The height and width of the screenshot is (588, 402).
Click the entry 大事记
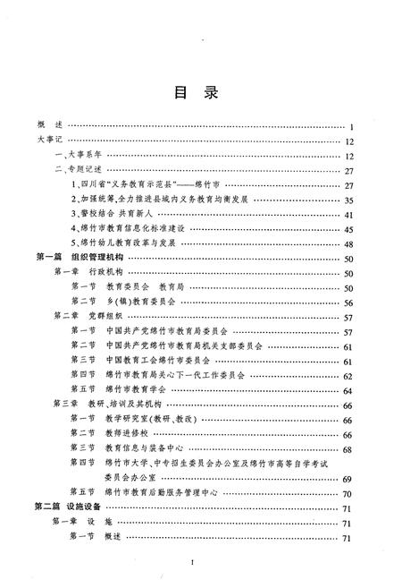pos(50,141)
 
